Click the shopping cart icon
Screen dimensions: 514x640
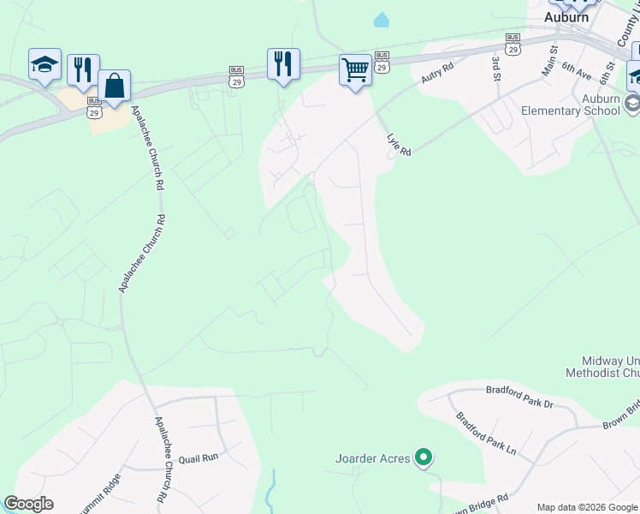coord(355,69)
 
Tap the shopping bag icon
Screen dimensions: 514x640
coord(114,85)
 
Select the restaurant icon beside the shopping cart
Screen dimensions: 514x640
coord(283,63)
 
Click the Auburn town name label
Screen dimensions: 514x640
coord(567,16)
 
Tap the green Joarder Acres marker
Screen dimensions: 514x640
coord(423,458)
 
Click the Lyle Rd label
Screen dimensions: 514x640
coord(399,140)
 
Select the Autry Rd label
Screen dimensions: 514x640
coord(436,76)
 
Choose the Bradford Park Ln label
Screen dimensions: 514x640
coord(486,434)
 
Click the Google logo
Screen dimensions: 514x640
coord(28,504)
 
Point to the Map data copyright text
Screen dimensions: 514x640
coord(586,507)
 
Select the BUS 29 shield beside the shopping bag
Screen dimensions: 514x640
coord(94,111)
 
